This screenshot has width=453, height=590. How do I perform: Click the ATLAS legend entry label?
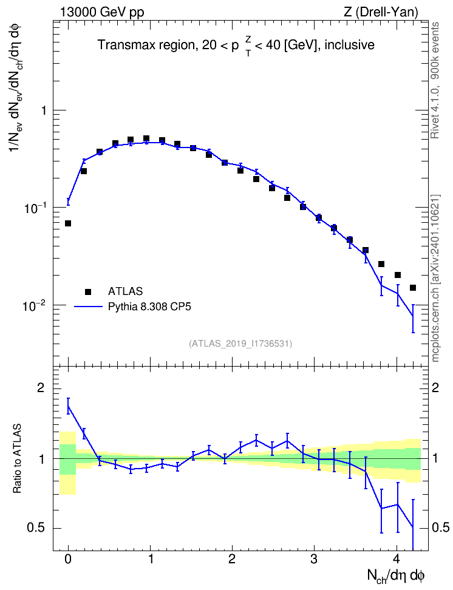coord(125,291)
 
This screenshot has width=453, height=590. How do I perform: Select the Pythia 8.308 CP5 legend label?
coord(149,307)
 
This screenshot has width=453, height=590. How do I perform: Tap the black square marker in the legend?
coord(88,291)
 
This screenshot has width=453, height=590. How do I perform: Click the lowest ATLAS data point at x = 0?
coord(68,223)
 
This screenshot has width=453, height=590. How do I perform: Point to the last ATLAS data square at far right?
coord(413,288)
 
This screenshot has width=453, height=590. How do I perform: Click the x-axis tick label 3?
coord(314,559)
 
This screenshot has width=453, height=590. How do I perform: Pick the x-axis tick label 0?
coord(68,559)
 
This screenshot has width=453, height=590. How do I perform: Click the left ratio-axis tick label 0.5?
coord(36,528)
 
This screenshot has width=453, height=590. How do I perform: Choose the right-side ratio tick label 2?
coord(435,388)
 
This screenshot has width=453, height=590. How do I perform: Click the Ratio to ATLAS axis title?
coord(18,458)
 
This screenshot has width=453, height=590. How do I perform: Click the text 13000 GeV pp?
coord(101,12)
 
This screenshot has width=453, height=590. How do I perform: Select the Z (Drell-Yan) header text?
coord(381,12)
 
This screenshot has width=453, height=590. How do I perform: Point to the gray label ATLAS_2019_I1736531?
coord(240,343)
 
